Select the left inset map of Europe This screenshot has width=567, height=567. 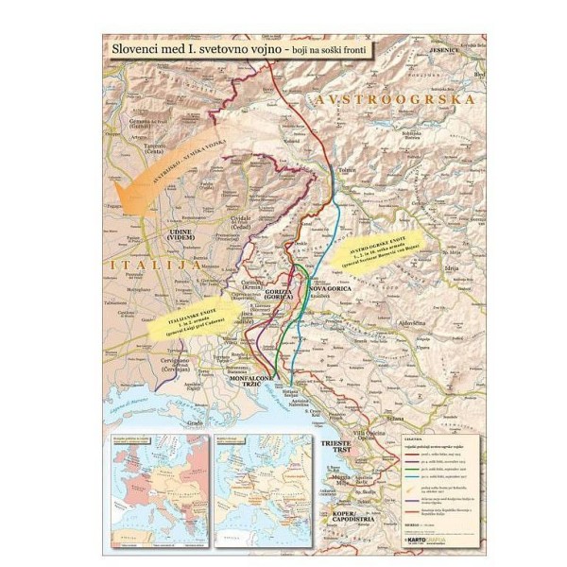pos(155,472)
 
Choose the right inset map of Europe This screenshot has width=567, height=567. pos(262,472)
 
